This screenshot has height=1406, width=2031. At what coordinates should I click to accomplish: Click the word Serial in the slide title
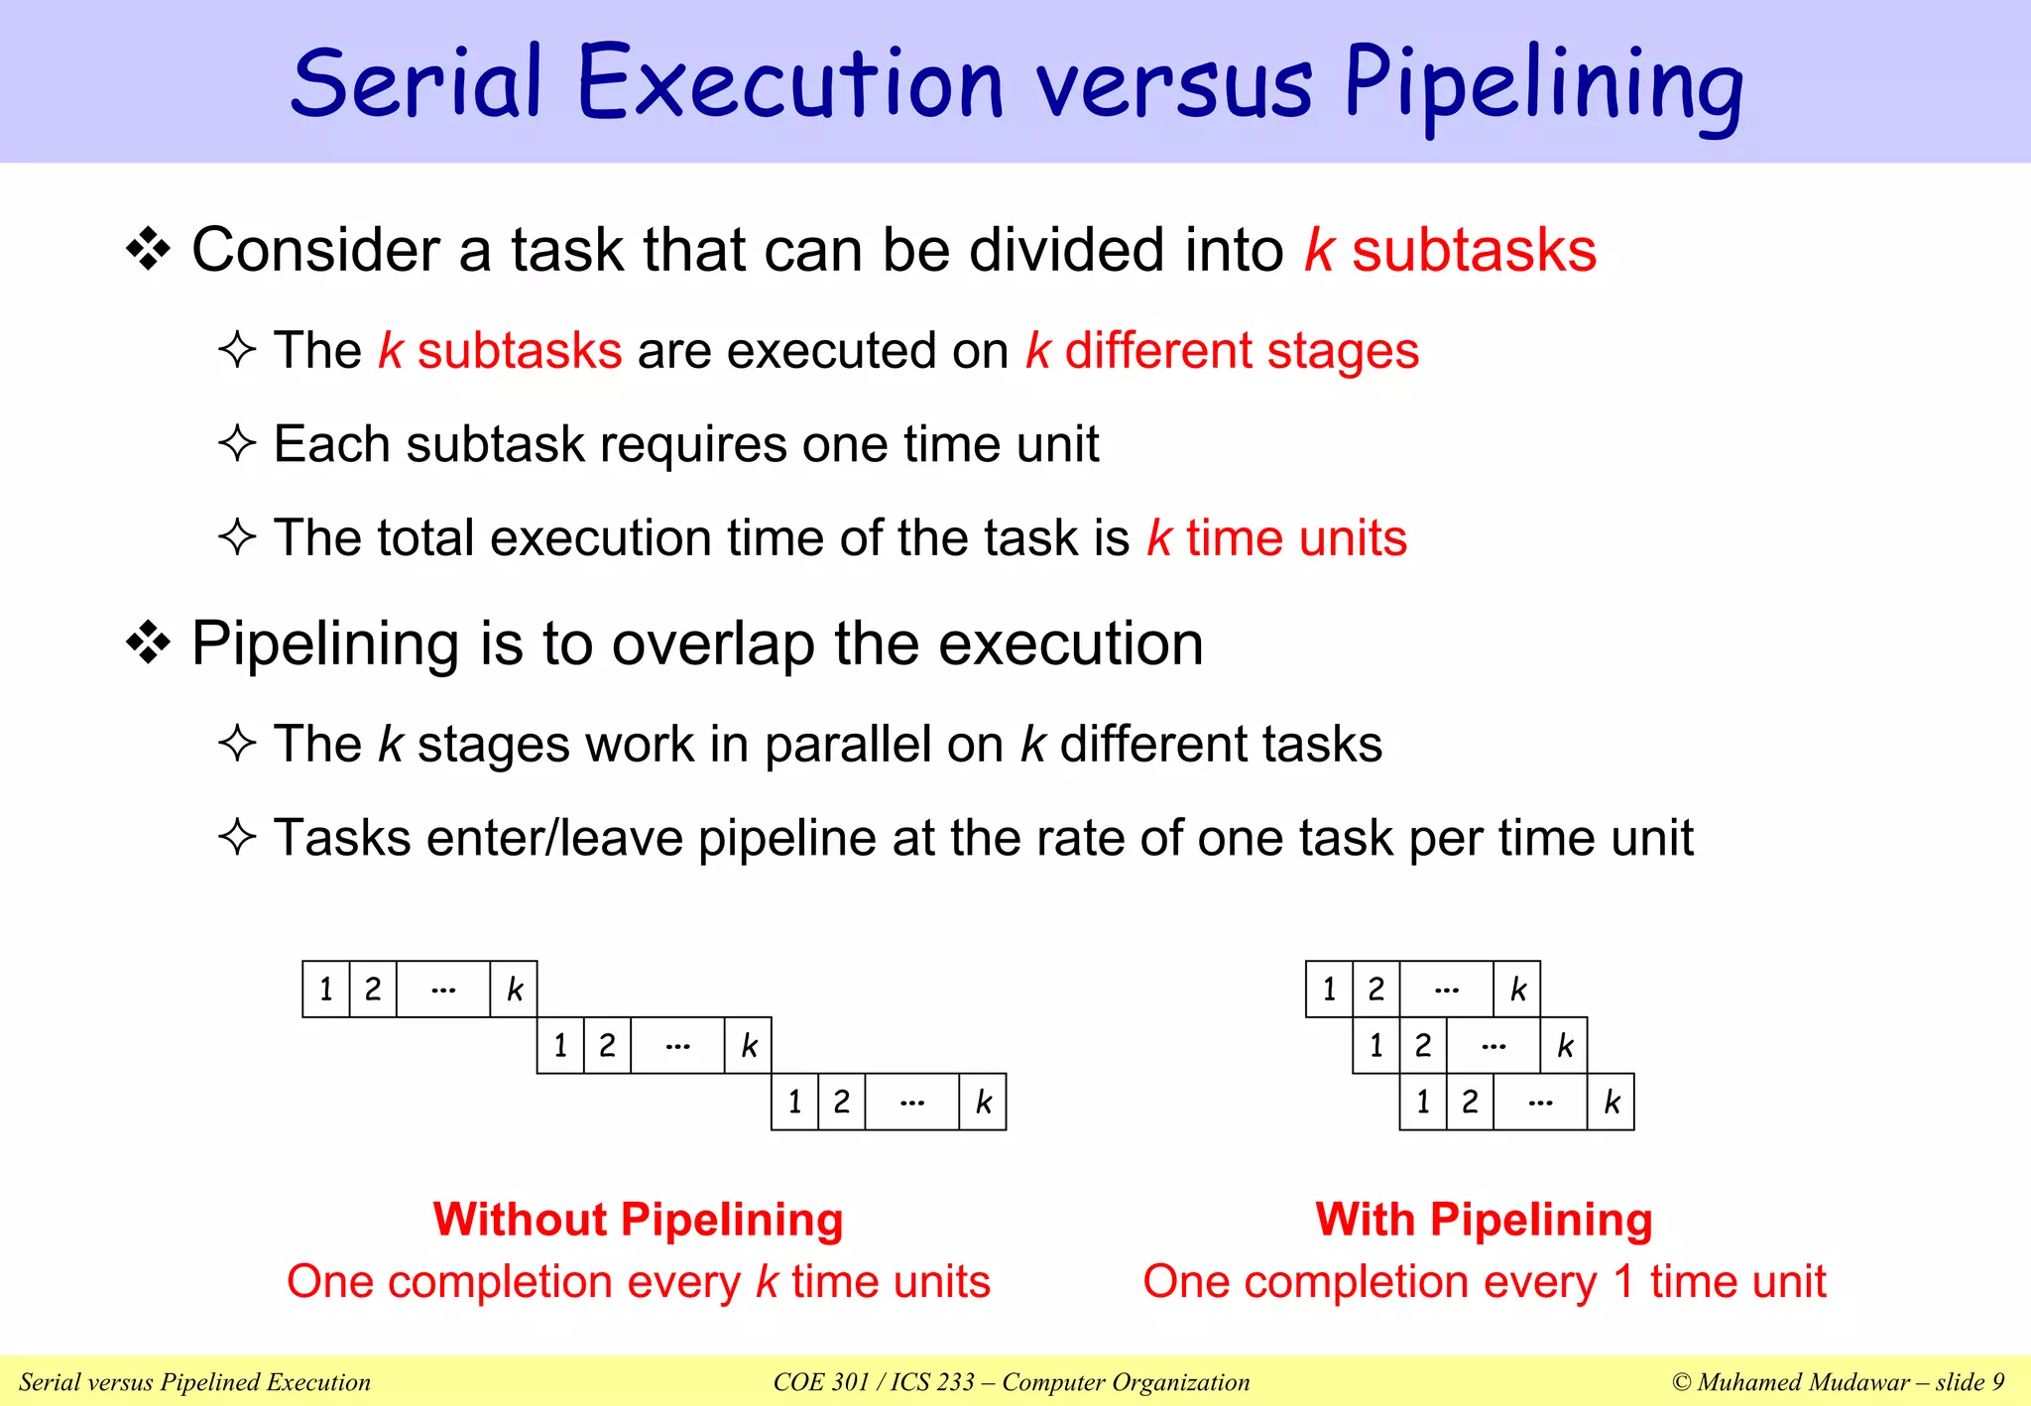[417, 84]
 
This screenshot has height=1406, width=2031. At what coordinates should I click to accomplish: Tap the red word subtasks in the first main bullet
[1474, 250]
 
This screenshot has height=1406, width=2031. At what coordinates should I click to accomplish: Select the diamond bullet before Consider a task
[149, 249]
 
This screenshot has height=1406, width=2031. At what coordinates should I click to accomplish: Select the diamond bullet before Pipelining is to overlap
[149, 644]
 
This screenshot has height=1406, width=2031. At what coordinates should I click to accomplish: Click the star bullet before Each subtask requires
[237, 443]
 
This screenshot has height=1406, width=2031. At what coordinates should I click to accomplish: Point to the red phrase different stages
[1242, 351]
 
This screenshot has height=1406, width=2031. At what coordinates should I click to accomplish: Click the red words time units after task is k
[1296, 538]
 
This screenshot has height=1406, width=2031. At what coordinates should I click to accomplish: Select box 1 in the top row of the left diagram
[326, 989]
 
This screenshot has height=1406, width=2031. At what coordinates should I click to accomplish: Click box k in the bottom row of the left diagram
[983, 1102]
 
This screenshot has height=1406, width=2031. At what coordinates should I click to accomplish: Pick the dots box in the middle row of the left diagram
[677, 1045]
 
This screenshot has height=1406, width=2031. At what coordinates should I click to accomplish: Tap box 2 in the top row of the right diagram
[1375, 989]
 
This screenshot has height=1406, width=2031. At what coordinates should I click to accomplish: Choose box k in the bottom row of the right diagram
[1611, 1102]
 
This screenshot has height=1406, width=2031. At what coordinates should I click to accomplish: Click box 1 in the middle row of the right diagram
[1375, 1045]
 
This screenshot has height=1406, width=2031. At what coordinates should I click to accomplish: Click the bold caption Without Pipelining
[638, 1220]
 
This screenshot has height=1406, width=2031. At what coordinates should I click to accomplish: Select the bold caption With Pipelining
[1484, 1220]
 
